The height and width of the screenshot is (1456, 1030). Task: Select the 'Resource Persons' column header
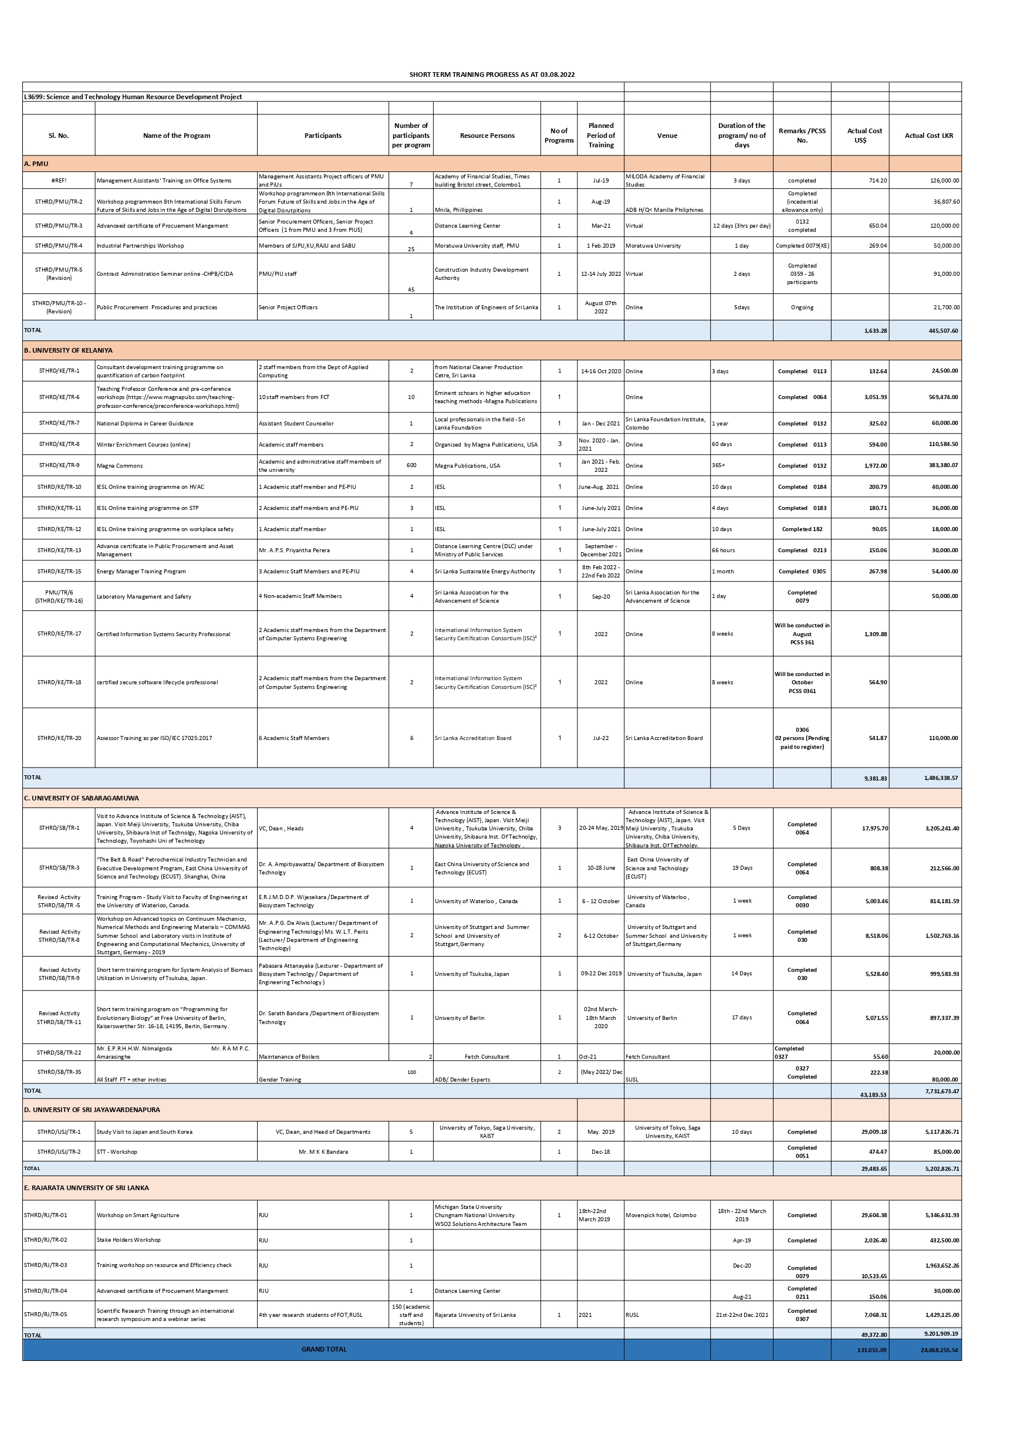click(x=487, y=136)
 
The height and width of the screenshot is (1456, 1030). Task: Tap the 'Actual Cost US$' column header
click(x=864, y=136)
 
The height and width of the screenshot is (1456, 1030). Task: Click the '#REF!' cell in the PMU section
click(x=58, y=181)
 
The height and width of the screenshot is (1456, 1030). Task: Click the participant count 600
click(x=411, y=465)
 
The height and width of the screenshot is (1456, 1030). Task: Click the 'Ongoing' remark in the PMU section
click(x=802, y=308)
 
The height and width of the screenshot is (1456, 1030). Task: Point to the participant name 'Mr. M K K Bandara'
click(x=323, y=1151)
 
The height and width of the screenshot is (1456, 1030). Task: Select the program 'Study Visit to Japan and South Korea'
click(x=144, y=1132)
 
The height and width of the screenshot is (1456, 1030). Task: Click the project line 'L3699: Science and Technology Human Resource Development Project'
click(x=133, y=97)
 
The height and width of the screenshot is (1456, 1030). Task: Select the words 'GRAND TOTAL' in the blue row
click(x=323, y=1349)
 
